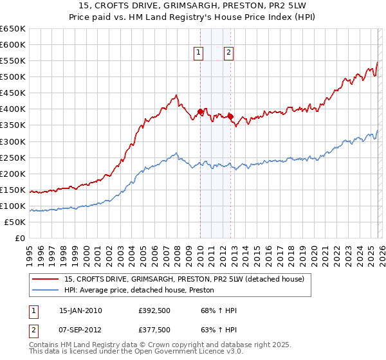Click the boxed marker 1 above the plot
(199, 53)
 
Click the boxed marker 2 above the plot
(229, 53)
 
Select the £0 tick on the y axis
(19, 238)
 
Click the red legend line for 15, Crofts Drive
(46, 279)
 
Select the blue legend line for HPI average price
(46, 290)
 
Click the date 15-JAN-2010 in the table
(80, 310)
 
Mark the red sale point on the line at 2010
(200, 112)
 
